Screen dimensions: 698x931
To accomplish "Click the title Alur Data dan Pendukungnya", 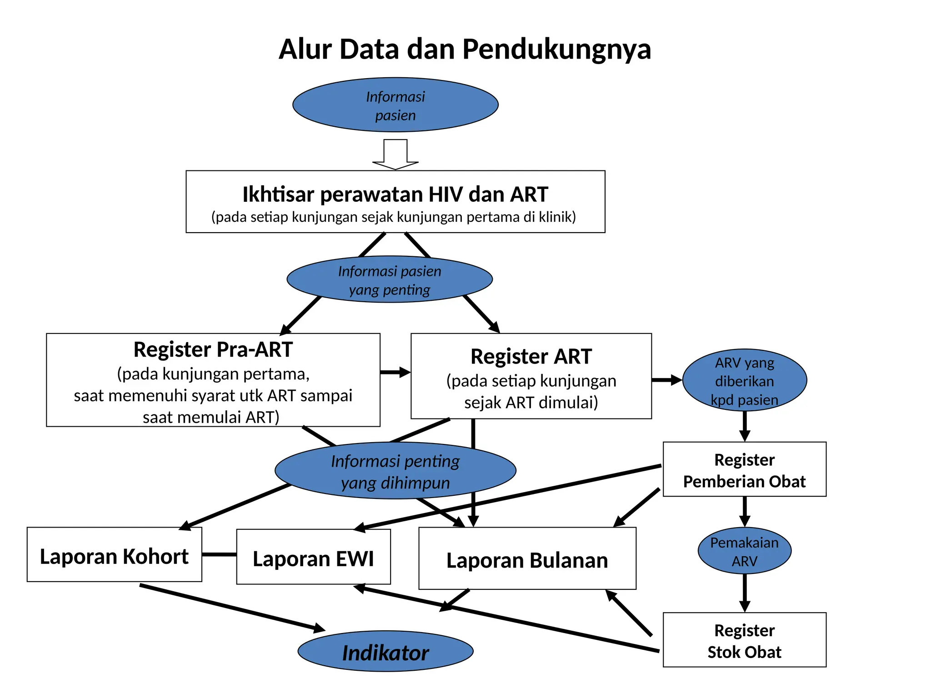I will (x=465, y=49).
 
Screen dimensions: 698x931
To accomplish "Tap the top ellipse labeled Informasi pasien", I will (x=395, y=105).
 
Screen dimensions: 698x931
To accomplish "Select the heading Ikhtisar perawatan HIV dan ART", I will (x=395, y=194).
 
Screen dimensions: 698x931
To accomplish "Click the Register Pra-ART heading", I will (x=213, y=350).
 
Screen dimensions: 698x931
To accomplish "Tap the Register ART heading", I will (x=531, y=357).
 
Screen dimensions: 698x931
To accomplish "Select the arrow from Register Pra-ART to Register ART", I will (x=395, y=372).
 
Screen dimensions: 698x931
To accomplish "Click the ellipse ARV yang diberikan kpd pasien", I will (x=744, y=381).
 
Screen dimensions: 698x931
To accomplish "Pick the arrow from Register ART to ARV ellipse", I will (x=666, y=380).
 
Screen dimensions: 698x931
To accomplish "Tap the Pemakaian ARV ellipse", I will (x=744, y=551).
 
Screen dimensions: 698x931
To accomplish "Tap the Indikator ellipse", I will (x=385, y=653).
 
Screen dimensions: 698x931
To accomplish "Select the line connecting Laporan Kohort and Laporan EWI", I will (x=219, y=554).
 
